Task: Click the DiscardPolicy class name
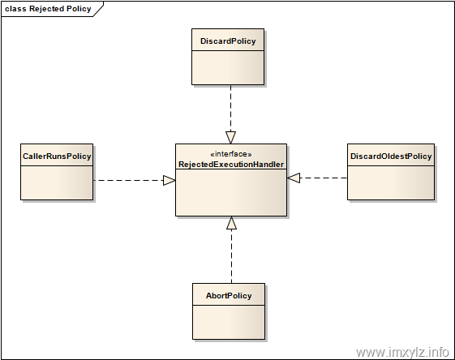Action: click(x=228, y=41)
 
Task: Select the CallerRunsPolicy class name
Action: click(x=57, y=156)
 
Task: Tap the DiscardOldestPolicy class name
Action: click(x=391, y=156)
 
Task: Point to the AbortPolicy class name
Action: click(x=229, y=296)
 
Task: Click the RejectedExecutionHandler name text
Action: click(x=231, y=165)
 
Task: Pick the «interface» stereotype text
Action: click(x=231, y=154)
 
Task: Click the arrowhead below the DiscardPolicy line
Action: click(x=230, y=138)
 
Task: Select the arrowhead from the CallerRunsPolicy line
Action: click(x=170, y=181)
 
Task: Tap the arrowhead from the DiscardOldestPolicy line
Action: click(x=294, y=178)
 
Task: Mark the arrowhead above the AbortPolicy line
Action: click(x=232, y=223)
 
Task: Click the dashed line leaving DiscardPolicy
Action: click(x=230, y=108)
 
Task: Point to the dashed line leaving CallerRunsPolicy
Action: click(x=128, y=181)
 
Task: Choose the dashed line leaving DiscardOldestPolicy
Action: click(x=324, y=178)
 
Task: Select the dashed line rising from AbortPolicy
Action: click(x=232, y=256)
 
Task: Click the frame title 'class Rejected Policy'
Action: click(x=48, y=9)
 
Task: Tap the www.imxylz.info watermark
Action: click(x=403, y=352)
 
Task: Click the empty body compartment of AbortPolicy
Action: click(x=229, y=322)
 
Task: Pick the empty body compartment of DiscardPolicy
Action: click(x=228, y=67)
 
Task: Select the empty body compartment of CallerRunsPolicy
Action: click(x=57, y=182)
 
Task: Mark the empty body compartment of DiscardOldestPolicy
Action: click(x=391, y=182)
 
